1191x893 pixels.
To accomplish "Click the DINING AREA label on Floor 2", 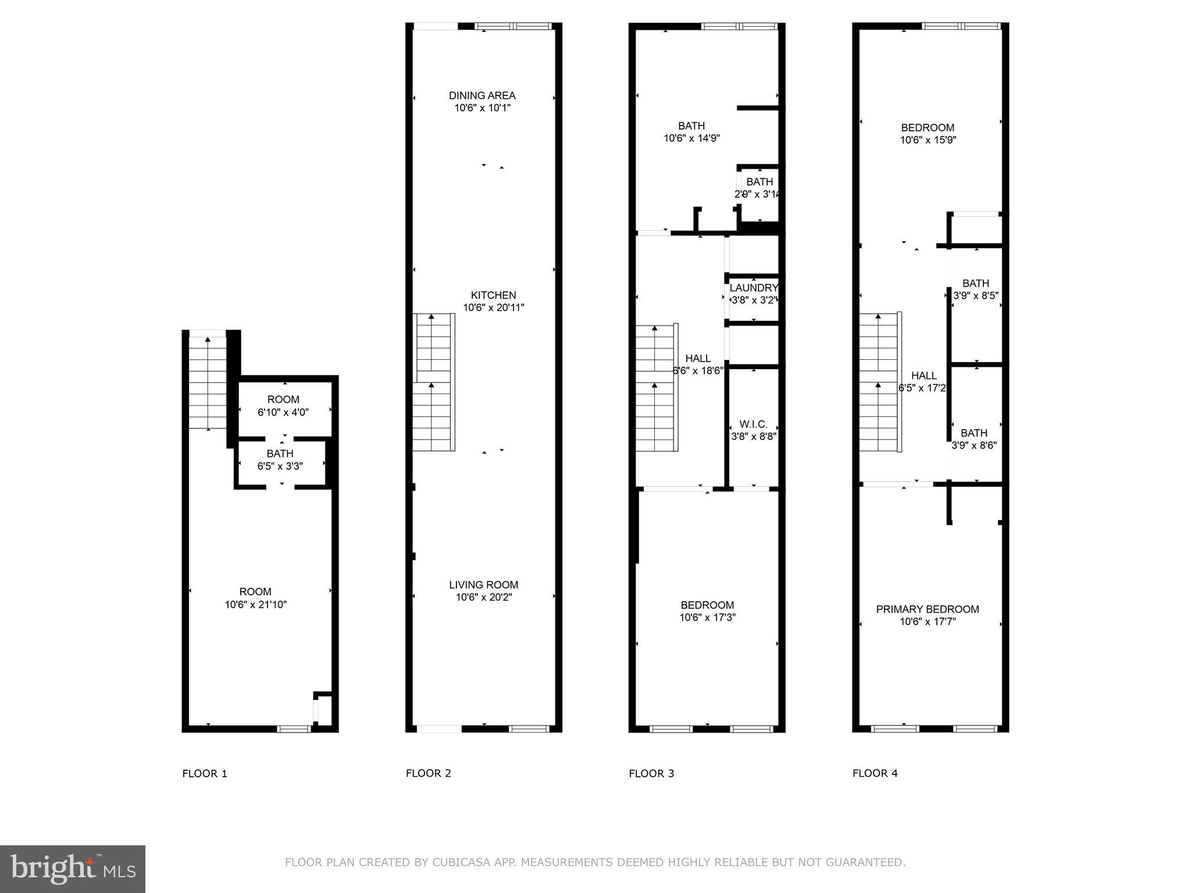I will click(x=482, y=95).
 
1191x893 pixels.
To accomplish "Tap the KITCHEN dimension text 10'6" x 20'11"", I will click(x=493, y=308).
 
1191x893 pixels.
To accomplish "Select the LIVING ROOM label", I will click(x=483, y=585).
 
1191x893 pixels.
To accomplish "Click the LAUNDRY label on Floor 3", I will click(x=754, y=288).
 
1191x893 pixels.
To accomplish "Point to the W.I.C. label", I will click(x=753, y=424).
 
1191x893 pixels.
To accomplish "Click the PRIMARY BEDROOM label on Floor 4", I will click(x=927, y=609).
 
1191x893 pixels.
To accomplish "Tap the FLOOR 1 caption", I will click(x=205, y=773).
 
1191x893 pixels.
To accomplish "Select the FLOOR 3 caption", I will click(x=651, y=773).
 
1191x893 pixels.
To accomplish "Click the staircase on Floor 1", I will click(x=208, y=384).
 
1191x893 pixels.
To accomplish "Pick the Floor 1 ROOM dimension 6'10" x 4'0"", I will click(x=283, y=412).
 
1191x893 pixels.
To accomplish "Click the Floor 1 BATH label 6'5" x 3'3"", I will click(x=280, y=453).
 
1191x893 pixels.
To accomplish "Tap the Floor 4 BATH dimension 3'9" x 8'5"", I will click(x=975, y=295).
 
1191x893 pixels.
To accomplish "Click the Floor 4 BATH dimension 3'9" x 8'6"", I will click(x=974, y=445).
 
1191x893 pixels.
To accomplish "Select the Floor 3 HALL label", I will click(x=697, y=358).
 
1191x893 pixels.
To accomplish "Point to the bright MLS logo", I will click(x=73, y=869).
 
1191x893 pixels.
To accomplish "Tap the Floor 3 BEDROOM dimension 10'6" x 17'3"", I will click(x=707, y=617).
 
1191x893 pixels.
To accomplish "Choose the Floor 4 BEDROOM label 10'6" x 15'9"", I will click(x=928, y=128).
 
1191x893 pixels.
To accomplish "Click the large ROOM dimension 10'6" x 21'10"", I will click(x=255, y=605).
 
